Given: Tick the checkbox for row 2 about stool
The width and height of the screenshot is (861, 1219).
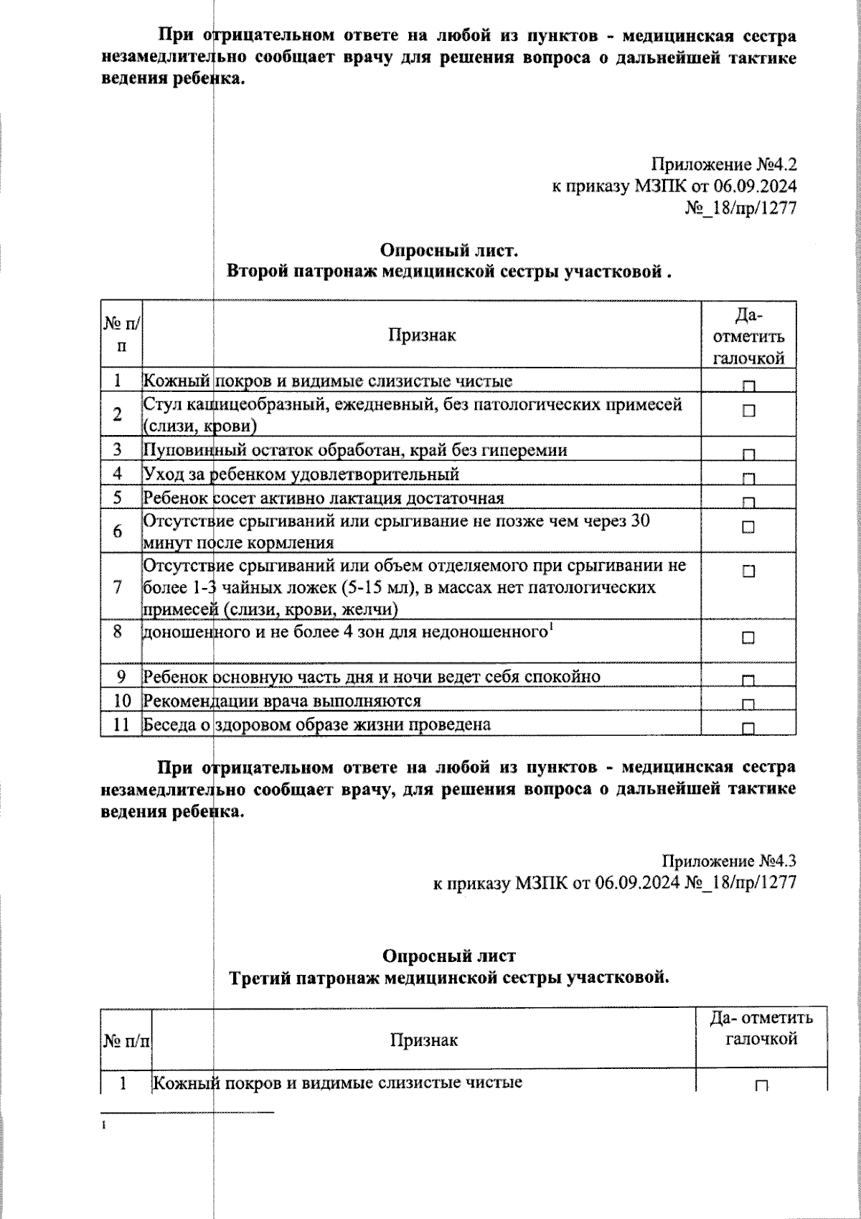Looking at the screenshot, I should (x=748, y=411).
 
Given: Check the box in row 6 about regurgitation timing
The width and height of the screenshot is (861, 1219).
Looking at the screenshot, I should (x=748, y=527).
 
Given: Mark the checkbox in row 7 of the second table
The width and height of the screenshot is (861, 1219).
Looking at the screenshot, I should (x=748, y=571).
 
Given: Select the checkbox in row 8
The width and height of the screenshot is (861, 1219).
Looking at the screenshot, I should (x=748, y=637).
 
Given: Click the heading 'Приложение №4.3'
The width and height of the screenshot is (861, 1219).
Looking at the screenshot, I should (x=729, y=860).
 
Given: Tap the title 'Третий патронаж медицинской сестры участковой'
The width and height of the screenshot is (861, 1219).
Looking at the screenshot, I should (x=448, y=977).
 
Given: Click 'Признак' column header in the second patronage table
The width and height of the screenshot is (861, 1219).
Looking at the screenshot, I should (x=422, y=335).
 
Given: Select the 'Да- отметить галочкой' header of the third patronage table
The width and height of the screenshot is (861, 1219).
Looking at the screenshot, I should (x=761, y=1028).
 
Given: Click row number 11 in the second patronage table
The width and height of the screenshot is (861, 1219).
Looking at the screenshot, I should (x=121, y=724).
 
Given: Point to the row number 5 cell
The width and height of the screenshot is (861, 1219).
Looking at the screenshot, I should (x=118, y=498).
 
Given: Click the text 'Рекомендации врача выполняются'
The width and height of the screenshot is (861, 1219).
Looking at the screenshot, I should (x=282, y=700).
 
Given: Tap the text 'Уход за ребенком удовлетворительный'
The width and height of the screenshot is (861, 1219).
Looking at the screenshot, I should (x=301, y=474).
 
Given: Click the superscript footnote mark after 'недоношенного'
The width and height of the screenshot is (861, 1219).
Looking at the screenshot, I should (x=550, y=628).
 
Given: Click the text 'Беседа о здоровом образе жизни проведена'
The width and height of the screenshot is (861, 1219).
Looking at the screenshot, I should (x=316, y=724).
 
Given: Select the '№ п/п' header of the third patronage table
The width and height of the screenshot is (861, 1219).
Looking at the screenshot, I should (x=126, y=1040).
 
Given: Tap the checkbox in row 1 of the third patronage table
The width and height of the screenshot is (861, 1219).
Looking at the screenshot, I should (x=761, y=1086).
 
